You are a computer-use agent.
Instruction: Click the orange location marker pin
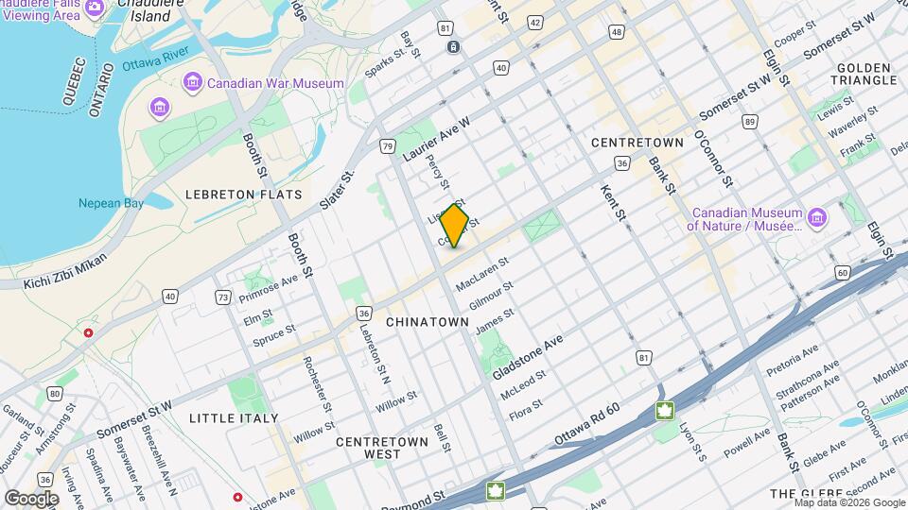pyautogui.click(x=455, y=226)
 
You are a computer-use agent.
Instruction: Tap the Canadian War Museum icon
pyautogui.click(x=193, y=83)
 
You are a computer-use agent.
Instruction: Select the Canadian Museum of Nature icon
pyautogui.click(x=816, y=219)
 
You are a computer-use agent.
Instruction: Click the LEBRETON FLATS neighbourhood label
pyautogui.click(x=243, y=195)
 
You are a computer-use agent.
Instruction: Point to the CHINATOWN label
pyautogui.click(x=428, y=322)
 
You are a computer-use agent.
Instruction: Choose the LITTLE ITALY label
pyautogui.click(x=234, y=417)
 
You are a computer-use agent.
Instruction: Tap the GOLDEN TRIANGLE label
pyautogui.click(x=864, y=74)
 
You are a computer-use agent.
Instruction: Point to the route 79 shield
pyautogui.click(x=388, y=146)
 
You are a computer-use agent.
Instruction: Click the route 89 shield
pyautogui.click(x=750, y=122)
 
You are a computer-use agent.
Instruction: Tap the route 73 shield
pyautogui.click(x=223, y=297)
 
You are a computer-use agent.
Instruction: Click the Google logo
pyautogui.click(x=31, y=498)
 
